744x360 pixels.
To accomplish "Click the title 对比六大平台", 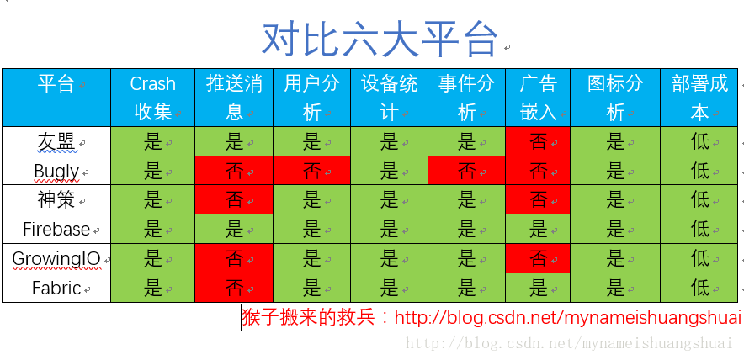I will click(380, 38).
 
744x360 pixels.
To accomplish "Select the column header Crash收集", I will click(152, 97).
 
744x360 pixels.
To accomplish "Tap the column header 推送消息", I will click(234, 97).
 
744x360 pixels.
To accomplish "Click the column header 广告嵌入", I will click(538, 97).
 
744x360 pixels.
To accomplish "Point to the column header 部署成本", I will click(699, 97).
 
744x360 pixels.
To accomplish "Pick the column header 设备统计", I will click(389, 97).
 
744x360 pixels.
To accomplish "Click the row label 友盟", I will click(56, 141).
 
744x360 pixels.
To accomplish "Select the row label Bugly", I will click(56, 171).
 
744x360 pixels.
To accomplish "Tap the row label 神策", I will click(56, 200).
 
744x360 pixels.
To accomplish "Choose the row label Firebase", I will click(56, 229).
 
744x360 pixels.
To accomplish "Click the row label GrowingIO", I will click(56, 259).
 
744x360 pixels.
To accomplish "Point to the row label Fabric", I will click(56, 288).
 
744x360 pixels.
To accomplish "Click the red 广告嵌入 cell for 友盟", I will click(538, 141).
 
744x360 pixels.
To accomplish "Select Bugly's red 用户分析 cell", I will click(311, 171).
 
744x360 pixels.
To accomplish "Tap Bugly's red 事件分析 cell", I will click(466, 171).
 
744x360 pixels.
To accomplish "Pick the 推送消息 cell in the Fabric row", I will click(234, 288).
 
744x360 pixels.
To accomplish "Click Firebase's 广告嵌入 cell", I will click(538, 229).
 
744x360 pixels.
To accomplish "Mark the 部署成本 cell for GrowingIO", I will click(699, 259).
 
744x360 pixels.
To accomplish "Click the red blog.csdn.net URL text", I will click(568, 318).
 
